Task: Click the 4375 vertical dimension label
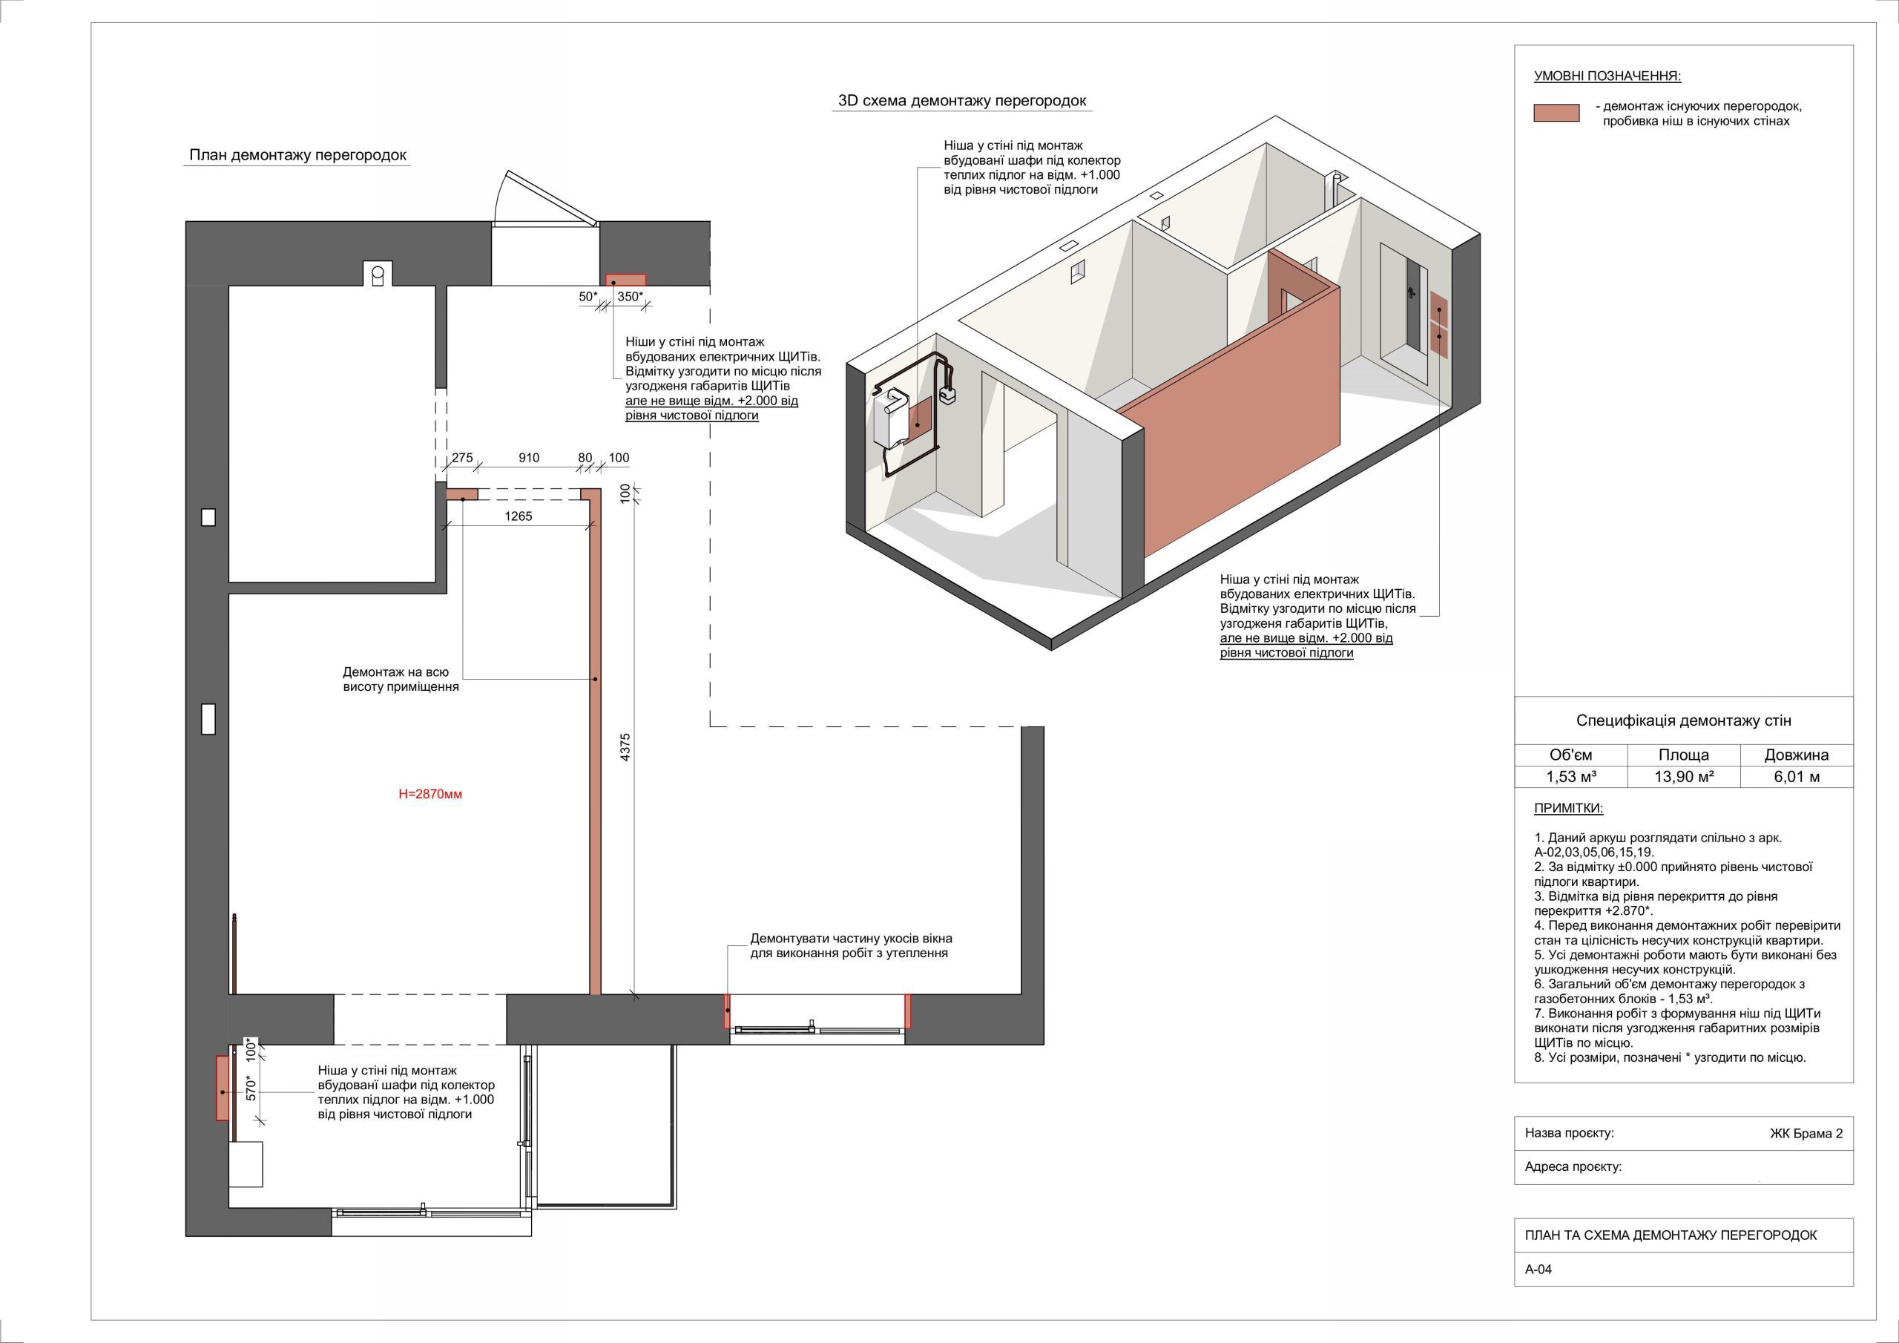click(625, 747)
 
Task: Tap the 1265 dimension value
click(519, 516)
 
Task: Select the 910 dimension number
click(528, 458)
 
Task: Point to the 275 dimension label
click(462, 458)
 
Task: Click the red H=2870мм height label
click(430, 795)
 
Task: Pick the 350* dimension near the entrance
click(631, 296)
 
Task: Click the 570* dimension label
click(252, 1087)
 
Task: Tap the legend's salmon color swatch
click(1556, 114)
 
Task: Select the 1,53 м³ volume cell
click(1570, 776)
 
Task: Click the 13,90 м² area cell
click(1684, 776)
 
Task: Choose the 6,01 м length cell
click(1797, 776)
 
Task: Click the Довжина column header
click(1797, 755)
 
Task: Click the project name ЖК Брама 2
click(1806, 1134)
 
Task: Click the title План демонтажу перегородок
click(297, 155)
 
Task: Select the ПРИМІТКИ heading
click(1568, 809)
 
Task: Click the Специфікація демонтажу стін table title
click(1684, 720)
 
